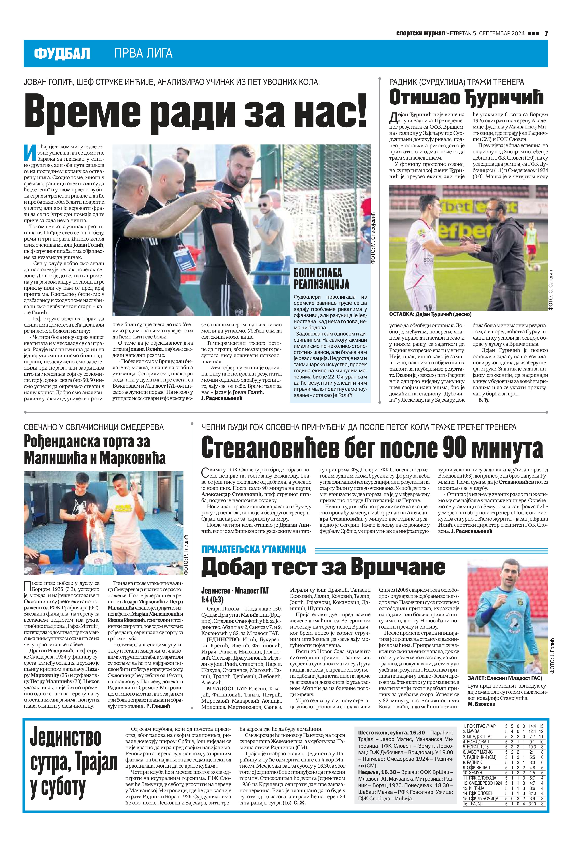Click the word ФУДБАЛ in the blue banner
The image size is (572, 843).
pos(62,54)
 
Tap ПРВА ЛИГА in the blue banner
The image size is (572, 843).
pos(143,54)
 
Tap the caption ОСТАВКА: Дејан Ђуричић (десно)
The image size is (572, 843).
pos(430,314)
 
